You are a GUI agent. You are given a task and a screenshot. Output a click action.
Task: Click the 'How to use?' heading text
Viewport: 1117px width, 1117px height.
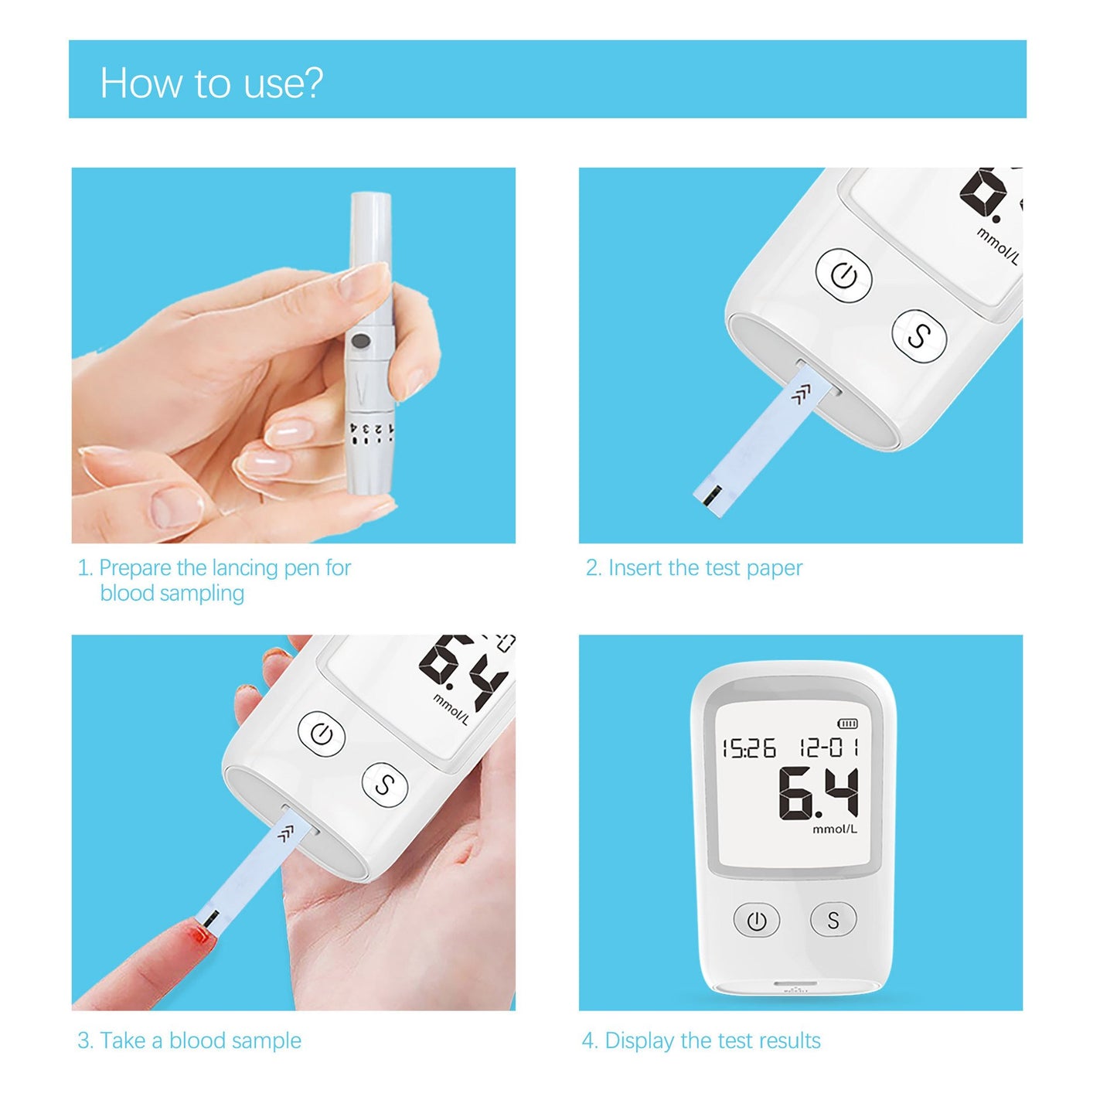[211, 83]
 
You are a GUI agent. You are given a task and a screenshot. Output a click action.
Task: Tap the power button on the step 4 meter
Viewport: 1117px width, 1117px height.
[756, 920]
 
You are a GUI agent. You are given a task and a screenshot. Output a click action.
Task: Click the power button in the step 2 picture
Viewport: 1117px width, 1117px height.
[843, 276]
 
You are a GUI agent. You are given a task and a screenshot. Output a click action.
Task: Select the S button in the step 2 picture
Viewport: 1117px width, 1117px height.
[918, 335]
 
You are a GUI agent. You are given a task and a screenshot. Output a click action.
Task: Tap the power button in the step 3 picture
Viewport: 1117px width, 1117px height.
[322, 734]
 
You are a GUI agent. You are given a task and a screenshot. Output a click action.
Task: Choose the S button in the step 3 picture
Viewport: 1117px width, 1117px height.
[384, 785]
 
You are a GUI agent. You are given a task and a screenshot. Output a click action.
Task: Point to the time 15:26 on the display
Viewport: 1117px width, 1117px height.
[748, 748]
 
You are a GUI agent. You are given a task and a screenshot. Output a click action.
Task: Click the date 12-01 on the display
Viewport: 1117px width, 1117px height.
[829, 748]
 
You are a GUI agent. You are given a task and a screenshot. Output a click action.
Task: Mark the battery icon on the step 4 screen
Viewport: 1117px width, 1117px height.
[848, 724]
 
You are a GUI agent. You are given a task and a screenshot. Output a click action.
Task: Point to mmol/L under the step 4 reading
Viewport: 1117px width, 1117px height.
[834, 829]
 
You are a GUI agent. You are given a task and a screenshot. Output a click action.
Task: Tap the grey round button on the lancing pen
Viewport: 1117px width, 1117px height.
[359, 340]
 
